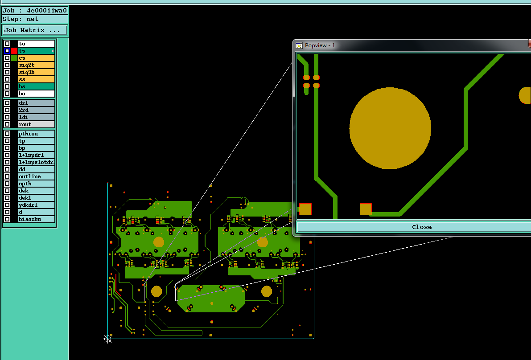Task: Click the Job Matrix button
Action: click(34, 30)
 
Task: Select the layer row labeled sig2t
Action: click(36, 65)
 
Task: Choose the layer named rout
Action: click(36, 124)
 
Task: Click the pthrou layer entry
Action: click(36, 134)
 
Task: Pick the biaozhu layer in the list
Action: click(36, 219)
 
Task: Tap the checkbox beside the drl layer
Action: click(7, 103)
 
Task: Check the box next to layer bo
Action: click(7, 94)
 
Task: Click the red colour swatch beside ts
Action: click(14, 51)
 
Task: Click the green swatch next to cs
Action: click(14, 58)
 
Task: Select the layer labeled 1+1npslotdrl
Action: click(36, 162)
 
